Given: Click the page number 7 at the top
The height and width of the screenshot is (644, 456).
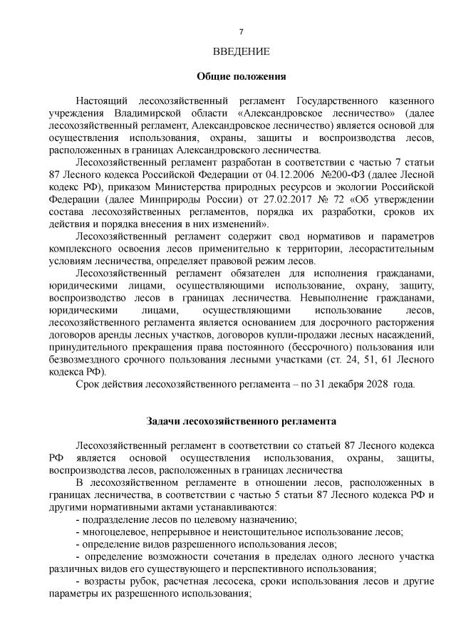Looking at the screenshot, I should [x=242, y=32].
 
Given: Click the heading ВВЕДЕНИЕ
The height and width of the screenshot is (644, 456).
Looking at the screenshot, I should [x=242, y=51].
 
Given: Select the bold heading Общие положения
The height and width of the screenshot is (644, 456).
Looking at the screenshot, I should [x=241, y=76].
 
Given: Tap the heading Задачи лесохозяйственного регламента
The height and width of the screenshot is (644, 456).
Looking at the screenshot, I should [x=241, y=422].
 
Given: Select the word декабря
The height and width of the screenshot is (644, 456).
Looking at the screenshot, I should [x=339, y=384].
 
